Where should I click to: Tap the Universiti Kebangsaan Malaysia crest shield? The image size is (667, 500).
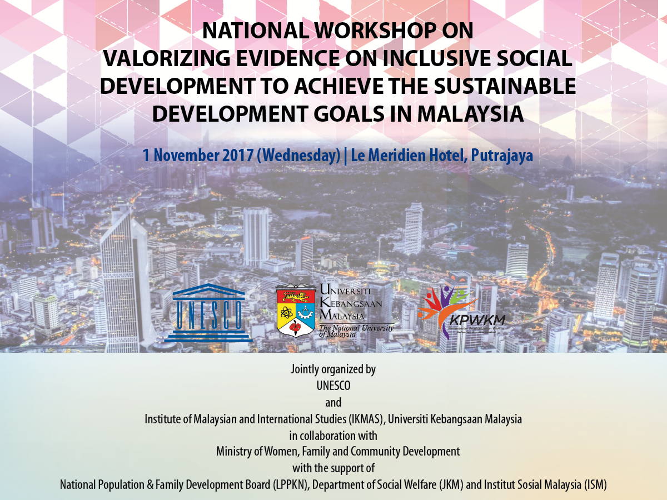point(296,311)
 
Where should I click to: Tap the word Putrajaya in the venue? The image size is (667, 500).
point(502,155)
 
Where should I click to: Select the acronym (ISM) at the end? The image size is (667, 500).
point(595,484)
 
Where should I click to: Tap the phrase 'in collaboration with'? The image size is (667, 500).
point(333,435)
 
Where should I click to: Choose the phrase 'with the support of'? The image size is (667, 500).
point(333,468)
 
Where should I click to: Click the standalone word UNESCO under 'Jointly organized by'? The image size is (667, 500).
point(333,386)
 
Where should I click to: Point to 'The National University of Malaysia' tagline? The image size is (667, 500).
point(356,331)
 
